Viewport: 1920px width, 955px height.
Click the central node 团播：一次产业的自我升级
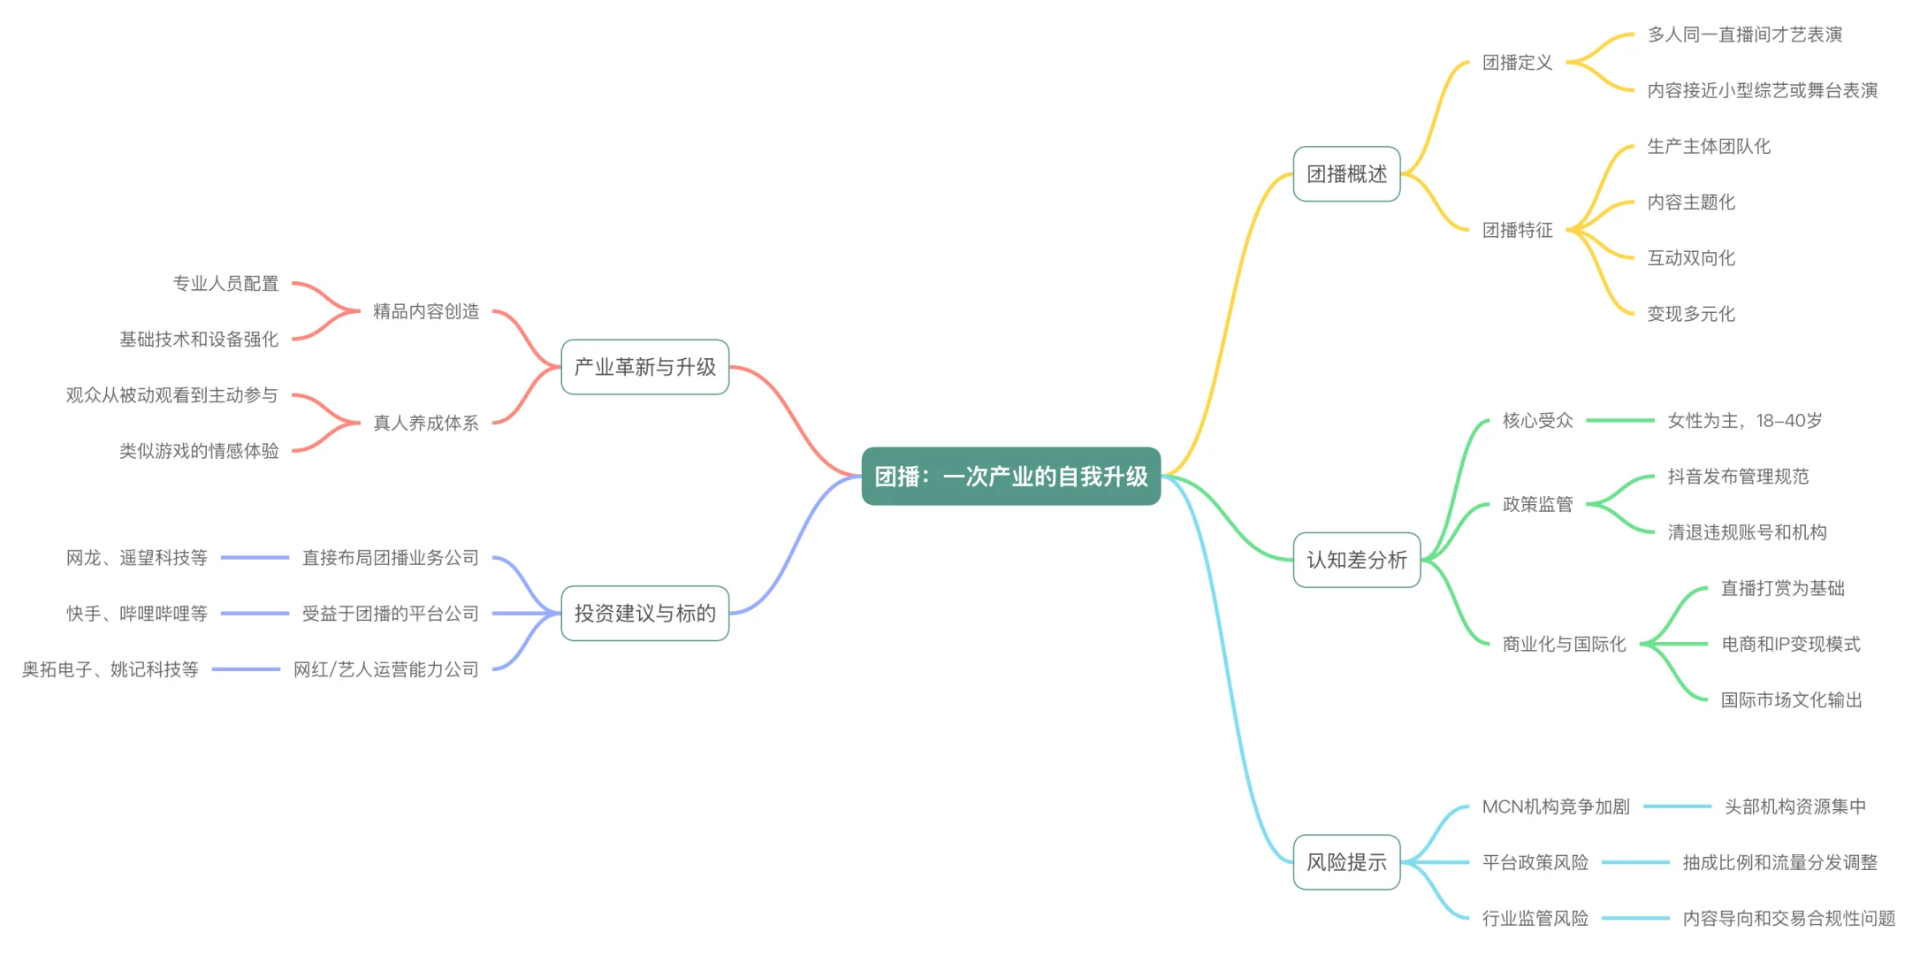[x=1010, y=477]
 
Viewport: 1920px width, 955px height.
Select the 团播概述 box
[x=1346, y=174]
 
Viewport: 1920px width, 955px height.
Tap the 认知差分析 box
[x=1356, y=560]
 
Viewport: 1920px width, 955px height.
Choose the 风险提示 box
[x=1346, y=862]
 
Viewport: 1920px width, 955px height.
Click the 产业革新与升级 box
[x=644, y=367]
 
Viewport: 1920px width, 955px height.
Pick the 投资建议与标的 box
[x=644, y=613]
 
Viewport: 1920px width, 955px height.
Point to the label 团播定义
[x=1517, y=63]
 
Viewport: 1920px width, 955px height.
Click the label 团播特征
[x=1517, y=231]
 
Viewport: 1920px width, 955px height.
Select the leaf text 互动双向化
[x=1690, y=258]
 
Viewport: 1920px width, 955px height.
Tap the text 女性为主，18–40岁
[x=1744, y=421]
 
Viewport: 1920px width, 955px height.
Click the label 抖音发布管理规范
[x=1737, y=477]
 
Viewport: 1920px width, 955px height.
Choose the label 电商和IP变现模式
[x=1790, y=645]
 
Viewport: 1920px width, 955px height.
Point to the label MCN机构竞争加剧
[x=1555, y=806]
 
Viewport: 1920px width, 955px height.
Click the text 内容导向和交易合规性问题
[x=1788, y=919]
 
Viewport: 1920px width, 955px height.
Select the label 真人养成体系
[x=425, y=423]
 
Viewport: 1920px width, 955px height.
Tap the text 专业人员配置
[x=225, y=284]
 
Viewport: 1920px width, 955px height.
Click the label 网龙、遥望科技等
[x=136, y=558]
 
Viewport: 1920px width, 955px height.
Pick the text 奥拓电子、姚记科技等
[x=110, y=669]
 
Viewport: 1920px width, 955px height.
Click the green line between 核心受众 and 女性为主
[x=1619, y=421]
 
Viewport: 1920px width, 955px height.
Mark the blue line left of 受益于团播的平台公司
[x=255, y=614]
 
